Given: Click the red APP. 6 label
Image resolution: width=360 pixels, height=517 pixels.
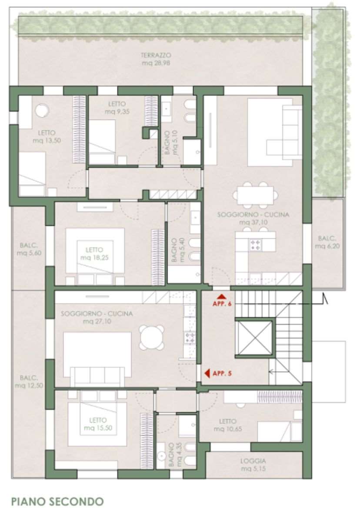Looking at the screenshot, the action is tap(222, 304).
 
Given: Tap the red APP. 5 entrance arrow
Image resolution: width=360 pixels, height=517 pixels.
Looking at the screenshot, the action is tap(207, 373).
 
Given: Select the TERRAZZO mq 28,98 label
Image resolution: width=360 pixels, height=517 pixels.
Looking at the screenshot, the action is tap(156, 59).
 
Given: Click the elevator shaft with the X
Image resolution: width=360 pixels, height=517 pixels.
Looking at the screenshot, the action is tap(254, 337).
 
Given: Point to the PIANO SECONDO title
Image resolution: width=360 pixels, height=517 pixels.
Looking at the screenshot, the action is tap(58, 501).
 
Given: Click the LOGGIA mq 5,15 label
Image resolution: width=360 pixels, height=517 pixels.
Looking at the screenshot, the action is tap(253, 464).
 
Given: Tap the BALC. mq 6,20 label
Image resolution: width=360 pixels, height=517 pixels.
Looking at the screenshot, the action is tap(327, 242).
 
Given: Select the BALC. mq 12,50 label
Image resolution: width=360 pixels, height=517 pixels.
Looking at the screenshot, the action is tap(29, 381).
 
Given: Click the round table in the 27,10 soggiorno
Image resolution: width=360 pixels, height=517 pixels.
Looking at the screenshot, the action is tap(152, 337).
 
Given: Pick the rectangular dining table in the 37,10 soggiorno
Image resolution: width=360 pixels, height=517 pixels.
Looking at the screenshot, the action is tap(256, 196).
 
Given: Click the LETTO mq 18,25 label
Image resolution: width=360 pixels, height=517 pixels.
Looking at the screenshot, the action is tap(94, 253).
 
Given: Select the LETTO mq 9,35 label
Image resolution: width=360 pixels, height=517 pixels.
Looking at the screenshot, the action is tap(117, 108).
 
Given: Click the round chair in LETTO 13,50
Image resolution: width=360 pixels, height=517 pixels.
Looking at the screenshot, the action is tap(42, 110).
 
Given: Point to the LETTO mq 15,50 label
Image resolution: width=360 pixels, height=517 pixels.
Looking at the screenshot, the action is tap(98, 424).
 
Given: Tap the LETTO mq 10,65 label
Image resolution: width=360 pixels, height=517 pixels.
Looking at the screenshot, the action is tap(227, 425).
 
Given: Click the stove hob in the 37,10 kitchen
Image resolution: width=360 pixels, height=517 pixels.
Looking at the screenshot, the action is tap(256, 245).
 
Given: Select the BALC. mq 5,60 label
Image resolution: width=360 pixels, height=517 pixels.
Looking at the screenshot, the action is tap(29, 249).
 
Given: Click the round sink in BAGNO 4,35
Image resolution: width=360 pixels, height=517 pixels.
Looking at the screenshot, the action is tap(161, 455).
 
